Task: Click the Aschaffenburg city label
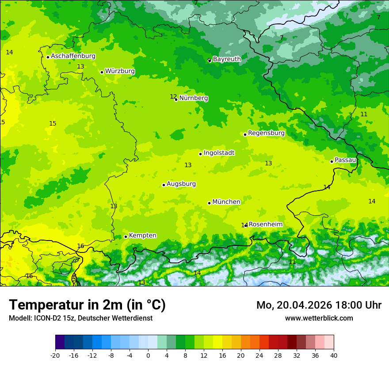pos(73,56)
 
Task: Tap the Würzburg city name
pos(120,71)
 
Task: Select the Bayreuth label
pos(227,59)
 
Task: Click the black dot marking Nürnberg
pos(176,99)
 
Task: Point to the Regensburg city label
pos(266,133)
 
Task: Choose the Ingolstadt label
pos(219,153)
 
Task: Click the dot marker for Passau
pos(332,161)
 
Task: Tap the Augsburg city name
pos(181,184)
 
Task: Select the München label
pos(226,202)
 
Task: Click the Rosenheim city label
pos(265,225)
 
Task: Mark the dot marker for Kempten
pos(126,237)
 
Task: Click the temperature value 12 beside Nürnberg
pos(173,96)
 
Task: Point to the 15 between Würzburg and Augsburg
pos(53,123)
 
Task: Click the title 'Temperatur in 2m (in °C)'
pos(87,305)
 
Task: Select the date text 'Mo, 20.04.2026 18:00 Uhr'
pos(319,305)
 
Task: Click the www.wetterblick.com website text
pos(319,318)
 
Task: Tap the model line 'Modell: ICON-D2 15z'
pos(80,318)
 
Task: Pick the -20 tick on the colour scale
pos(55,355)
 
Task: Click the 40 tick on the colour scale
pos(333,355)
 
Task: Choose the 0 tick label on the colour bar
pos(148,355)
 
